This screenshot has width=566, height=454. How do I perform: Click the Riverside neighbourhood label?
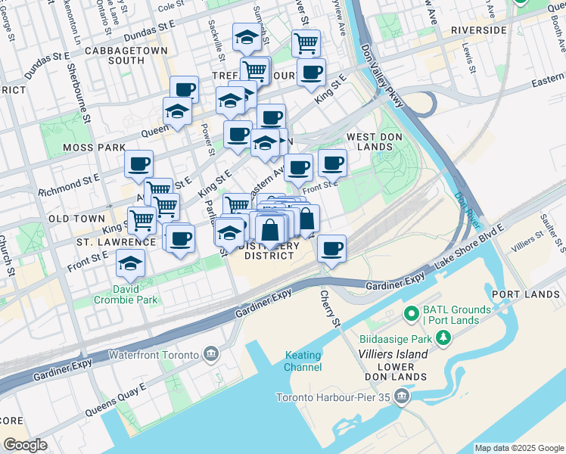click(477, 30)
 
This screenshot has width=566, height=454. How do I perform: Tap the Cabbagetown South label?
click(115, 55)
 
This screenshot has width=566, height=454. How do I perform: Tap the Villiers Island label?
click(390, 353)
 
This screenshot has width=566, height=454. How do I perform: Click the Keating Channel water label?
click(303, 362)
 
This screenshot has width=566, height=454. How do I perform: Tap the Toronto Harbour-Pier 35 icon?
click(402, 396)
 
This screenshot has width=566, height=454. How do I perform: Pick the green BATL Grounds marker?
click(412, 313)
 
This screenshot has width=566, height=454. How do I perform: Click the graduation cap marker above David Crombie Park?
click(130, 264)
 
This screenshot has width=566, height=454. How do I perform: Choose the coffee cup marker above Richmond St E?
click(139, 163)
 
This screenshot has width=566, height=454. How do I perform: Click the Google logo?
click(25, 445)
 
